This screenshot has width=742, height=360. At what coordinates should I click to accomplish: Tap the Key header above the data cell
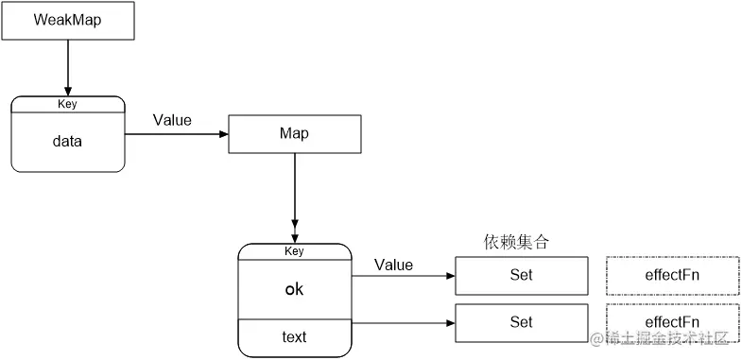[68, 104]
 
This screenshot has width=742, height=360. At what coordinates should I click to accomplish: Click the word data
[68, 142]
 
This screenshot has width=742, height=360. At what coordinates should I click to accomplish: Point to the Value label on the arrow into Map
[173, 120]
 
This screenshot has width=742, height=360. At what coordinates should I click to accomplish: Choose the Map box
[295, 133]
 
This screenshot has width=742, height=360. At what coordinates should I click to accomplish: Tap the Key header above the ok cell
[294, 251]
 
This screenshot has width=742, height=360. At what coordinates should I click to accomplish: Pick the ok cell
[294, 289]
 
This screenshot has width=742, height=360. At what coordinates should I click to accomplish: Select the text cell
[294, 336]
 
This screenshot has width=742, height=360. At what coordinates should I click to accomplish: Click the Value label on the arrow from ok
[393, 265]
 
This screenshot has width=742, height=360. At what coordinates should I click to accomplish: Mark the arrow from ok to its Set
[402, 277]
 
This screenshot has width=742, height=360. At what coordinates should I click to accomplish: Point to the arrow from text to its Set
[402, 323]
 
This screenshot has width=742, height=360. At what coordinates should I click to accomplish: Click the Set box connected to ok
[521, 275]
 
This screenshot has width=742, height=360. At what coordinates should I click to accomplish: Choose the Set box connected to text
[521, 322]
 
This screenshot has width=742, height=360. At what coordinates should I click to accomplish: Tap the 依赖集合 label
[516, 242]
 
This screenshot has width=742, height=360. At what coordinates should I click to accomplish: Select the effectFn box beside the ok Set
[672, 275]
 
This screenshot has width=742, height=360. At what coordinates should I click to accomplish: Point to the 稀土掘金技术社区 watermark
[665, 338]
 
